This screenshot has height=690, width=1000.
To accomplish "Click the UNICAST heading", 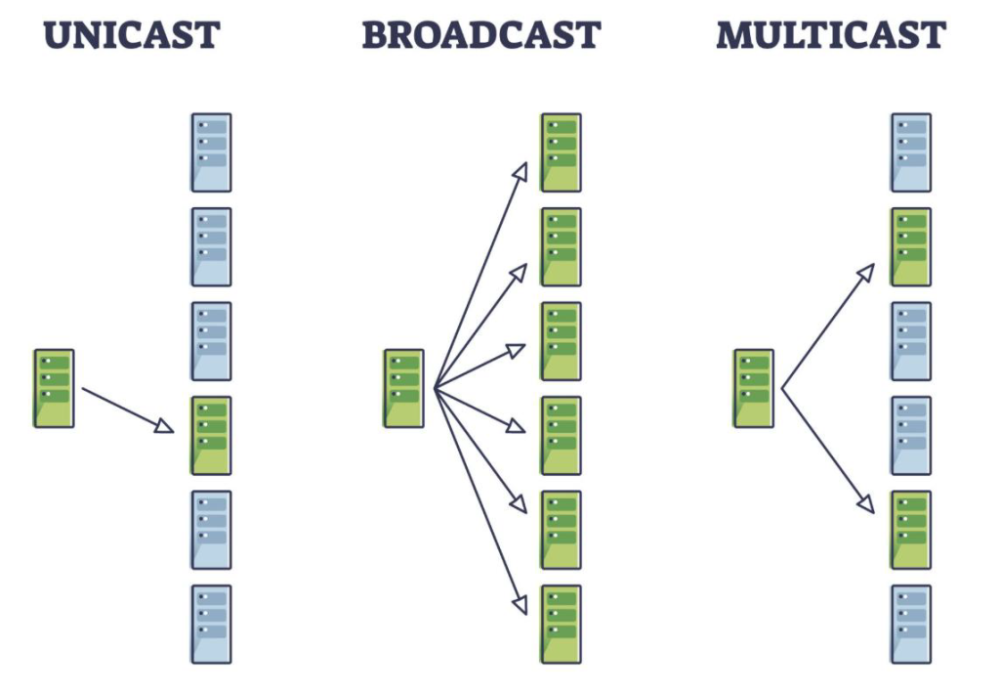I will pos(133,35).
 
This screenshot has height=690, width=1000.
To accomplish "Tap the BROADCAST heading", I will pos(480,35).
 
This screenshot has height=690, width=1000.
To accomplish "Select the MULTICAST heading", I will pos(830,35).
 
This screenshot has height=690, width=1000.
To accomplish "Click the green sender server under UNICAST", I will pos(54,388).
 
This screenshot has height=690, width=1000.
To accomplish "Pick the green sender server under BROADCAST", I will pos(403,388).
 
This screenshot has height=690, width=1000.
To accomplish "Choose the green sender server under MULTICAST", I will pos(753,388).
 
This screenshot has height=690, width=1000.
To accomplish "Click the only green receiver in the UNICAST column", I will pos(211,435).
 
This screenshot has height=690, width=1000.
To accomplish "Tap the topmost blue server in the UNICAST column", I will pos(211,152).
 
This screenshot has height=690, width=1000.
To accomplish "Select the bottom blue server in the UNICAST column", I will pos(211,625).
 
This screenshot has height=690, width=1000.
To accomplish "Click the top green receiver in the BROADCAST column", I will pos(561,152).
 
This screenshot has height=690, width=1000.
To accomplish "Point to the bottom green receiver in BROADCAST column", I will pos(561,625).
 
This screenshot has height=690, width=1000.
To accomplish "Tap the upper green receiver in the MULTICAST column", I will pos(910,246).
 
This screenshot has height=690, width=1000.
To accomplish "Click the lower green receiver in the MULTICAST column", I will pos(910,530).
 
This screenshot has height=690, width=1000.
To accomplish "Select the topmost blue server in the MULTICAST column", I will pos(910,152).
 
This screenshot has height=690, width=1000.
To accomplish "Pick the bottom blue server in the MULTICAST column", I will pos(910,625).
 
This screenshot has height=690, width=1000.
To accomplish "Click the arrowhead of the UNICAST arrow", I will pos(167,426).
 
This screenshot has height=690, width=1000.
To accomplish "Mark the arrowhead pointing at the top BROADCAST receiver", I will pos(521,171).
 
